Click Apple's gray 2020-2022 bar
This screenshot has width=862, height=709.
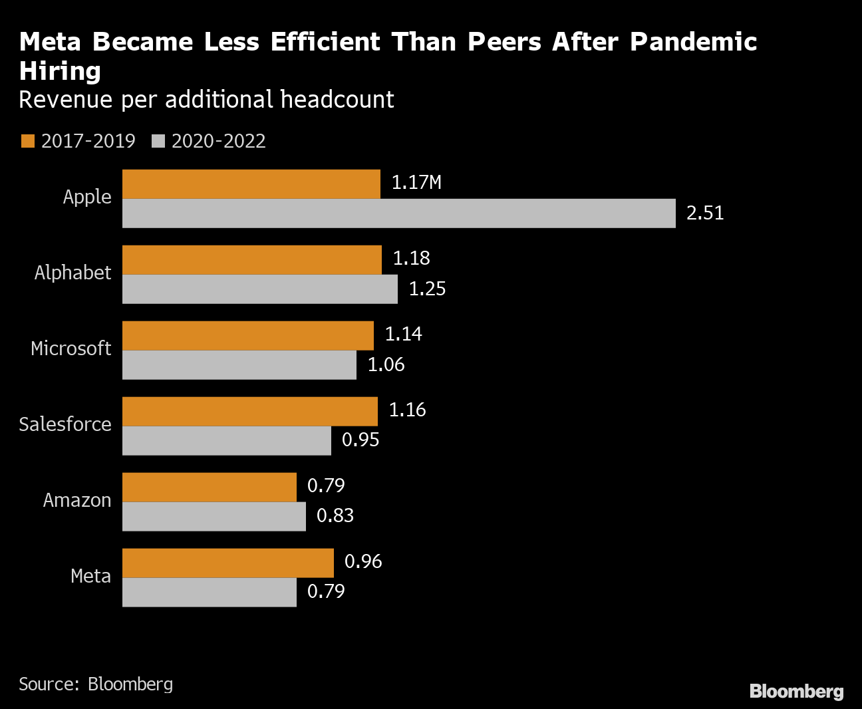[x=399, y=213]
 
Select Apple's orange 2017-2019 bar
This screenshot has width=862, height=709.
[x=251, y=184]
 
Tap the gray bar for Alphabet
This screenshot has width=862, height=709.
[x=260, y=289]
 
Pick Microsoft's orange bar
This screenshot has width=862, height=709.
[x=248, y=336]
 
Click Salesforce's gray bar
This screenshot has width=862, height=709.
[x=227, y=441]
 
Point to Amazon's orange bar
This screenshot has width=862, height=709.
[x=210, y=488]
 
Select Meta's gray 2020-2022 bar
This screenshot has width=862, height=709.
[x=210, y=593]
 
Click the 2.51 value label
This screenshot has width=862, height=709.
[x=705, y=213]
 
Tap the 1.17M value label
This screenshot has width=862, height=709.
[x=416, y=183]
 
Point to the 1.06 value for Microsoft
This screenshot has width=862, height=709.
[x=386, y=365]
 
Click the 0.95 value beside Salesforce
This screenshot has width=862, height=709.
[x=360, y=440]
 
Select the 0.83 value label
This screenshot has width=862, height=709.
[x=335, y=516]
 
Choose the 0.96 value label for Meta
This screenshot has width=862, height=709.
[x=363, y=562]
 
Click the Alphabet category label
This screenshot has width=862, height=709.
[x=73, y=273]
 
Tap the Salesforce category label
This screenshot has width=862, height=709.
[x=65, y=425]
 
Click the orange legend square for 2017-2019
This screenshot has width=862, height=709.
[x=27, y=142]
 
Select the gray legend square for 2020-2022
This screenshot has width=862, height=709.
[x=158, y=142]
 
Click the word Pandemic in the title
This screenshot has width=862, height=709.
[x=693, y=42]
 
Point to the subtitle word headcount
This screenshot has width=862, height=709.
[x=337, y=100]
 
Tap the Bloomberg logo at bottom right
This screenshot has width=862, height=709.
[x=796, y=692]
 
